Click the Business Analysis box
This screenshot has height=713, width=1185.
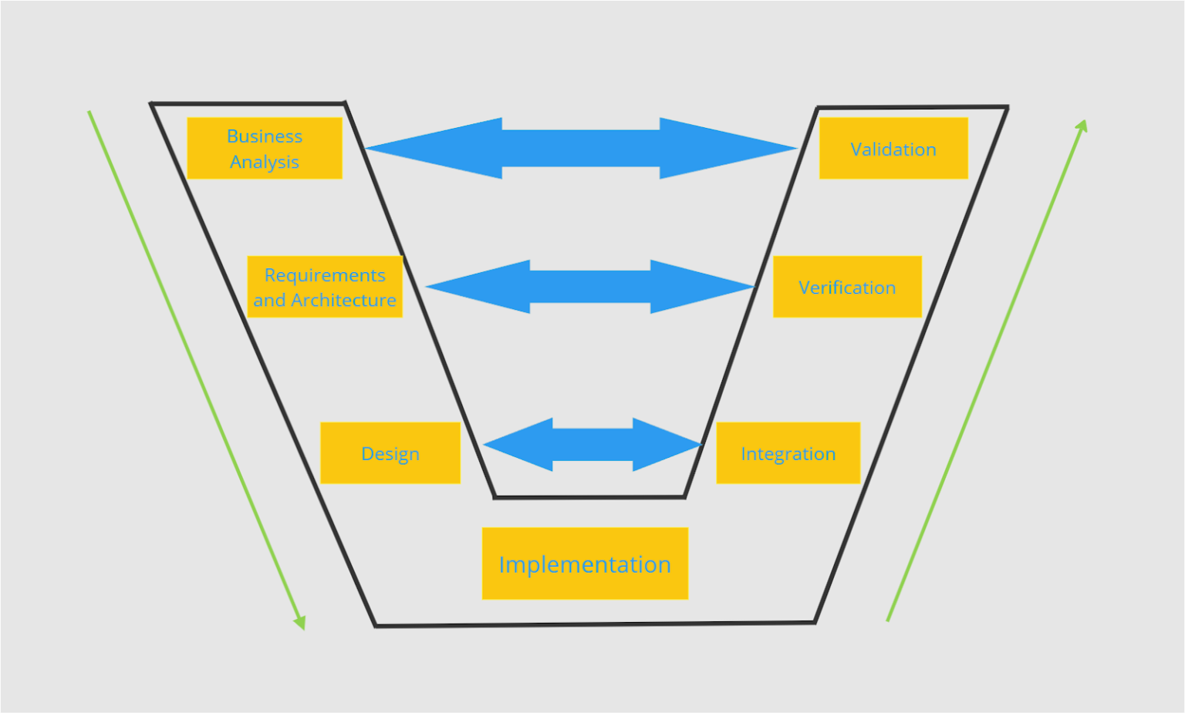click(265, 148)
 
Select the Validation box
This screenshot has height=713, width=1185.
click(893, 148)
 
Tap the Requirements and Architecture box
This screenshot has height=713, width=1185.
click(325, 287)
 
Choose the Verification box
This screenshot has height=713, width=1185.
click(847, 287)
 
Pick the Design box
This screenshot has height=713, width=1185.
click(390, 453)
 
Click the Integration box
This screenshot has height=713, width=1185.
click(788, 453)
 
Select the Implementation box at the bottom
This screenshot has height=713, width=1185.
click(585, 563)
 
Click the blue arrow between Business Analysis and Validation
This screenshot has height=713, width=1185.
click(581, 148)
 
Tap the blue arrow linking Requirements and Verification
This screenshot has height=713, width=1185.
click(590, 287)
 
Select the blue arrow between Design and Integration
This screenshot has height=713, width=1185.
click(592, 445)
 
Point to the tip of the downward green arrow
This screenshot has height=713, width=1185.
click(303, 627)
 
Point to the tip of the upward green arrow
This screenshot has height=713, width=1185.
click(1085, 122)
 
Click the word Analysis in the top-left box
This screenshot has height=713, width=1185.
click(265, 162)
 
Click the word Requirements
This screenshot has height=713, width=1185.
click(325, 275)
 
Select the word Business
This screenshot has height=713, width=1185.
click(265, 136)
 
